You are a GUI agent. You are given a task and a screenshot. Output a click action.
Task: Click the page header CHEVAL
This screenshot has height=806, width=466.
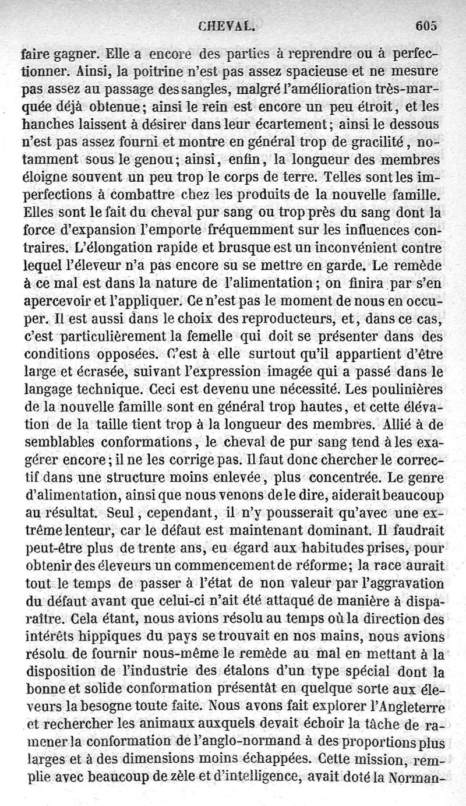click(x=227, y=26)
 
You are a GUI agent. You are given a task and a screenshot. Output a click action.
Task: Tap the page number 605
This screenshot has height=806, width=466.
click(x=426, y=25)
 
